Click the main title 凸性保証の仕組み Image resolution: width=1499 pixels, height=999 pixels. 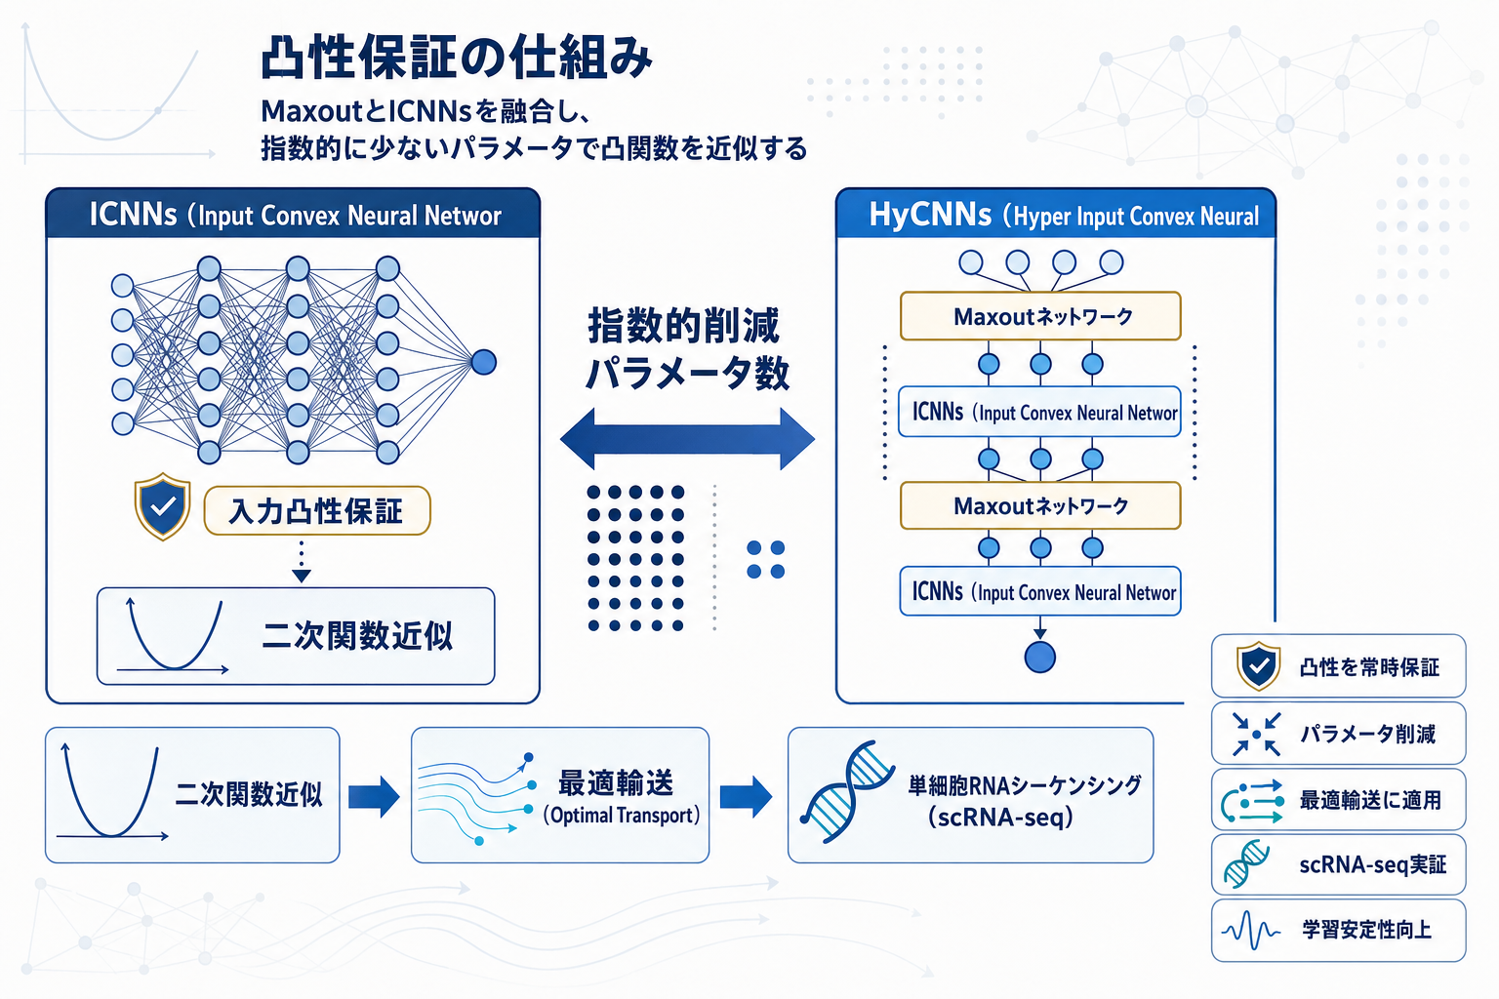(x=456, y=59)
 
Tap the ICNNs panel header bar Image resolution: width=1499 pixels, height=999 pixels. (x=293, y=214)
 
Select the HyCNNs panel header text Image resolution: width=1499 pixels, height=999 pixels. (x=1063, y=215)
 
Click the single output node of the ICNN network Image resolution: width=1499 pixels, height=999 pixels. (x=484, y=362)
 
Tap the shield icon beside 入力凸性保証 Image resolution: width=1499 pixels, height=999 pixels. (x=162, y=506)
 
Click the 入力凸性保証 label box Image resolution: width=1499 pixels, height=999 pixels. (x=316, y=510)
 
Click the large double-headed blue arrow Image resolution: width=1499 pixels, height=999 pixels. (x=687, y=439)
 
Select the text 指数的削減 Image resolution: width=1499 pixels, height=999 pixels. (x=683, y=325)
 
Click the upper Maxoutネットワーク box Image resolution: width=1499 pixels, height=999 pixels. (x=1040, y=316)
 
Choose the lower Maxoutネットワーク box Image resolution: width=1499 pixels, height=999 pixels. (x=1040, y=505)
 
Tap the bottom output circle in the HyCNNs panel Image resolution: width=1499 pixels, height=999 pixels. (x=1040, y=657)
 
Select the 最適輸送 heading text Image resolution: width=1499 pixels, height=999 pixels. (x=616, y=782)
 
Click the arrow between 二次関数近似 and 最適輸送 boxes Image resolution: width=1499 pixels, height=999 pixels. (x=374, y=796)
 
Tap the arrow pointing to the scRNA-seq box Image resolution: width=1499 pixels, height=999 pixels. (x=746, y=796)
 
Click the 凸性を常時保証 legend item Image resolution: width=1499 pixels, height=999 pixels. (x=1338, y=666)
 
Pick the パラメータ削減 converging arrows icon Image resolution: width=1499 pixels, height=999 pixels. (x=1256, y=734)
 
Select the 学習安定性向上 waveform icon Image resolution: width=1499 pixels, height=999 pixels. (x=1251, y=931)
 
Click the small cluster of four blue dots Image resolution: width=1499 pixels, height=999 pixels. (x=766, y=560)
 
